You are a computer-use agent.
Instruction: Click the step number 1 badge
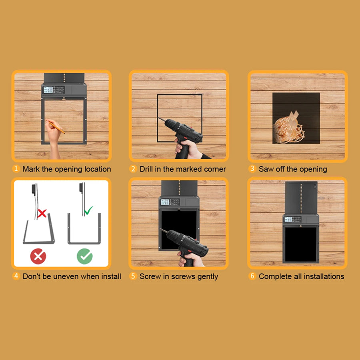(16, 169)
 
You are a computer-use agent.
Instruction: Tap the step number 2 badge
(133, 169)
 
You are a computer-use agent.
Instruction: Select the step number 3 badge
(252, 169)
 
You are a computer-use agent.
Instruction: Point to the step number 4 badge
(16, 276)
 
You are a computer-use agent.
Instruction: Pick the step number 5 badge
(133, 276)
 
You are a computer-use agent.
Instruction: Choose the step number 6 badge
(252, 276)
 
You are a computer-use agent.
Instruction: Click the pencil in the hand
(56, 127)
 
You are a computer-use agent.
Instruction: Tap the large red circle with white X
(38, 256)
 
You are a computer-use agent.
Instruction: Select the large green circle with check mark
(85, 256)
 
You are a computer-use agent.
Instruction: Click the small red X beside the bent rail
(42, 213)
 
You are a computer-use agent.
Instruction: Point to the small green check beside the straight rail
(88, 210)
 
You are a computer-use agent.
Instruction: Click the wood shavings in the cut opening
(288, 130)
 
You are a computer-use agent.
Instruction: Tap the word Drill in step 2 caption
(146, 169)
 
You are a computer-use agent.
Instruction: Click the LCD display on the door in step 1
(48, 90)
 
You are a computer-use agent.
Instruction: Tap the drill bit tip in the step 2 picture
(159, 118)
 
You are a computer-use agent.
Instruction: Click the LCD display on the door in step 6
(288, 220)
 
